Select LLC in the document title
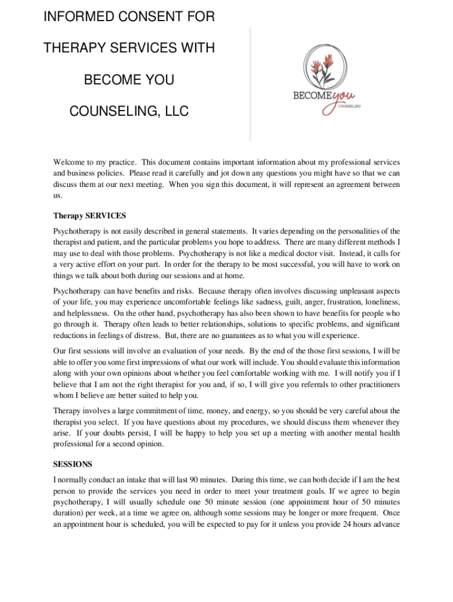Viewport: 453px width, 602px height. pyautogui.click(x=174, y=111)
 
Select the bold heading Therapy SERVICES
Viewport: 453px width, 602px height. pyautogui.click(x=89, y=216)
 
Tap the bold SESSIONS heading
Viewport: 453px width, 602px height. pyautogui.click(x=72, y=464)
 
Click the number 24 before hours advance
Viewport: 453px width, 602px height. pyautogui.click(x=341, y=524)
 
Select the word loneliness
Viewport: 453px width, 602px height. pyautogui.click(x=379, y=302)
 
